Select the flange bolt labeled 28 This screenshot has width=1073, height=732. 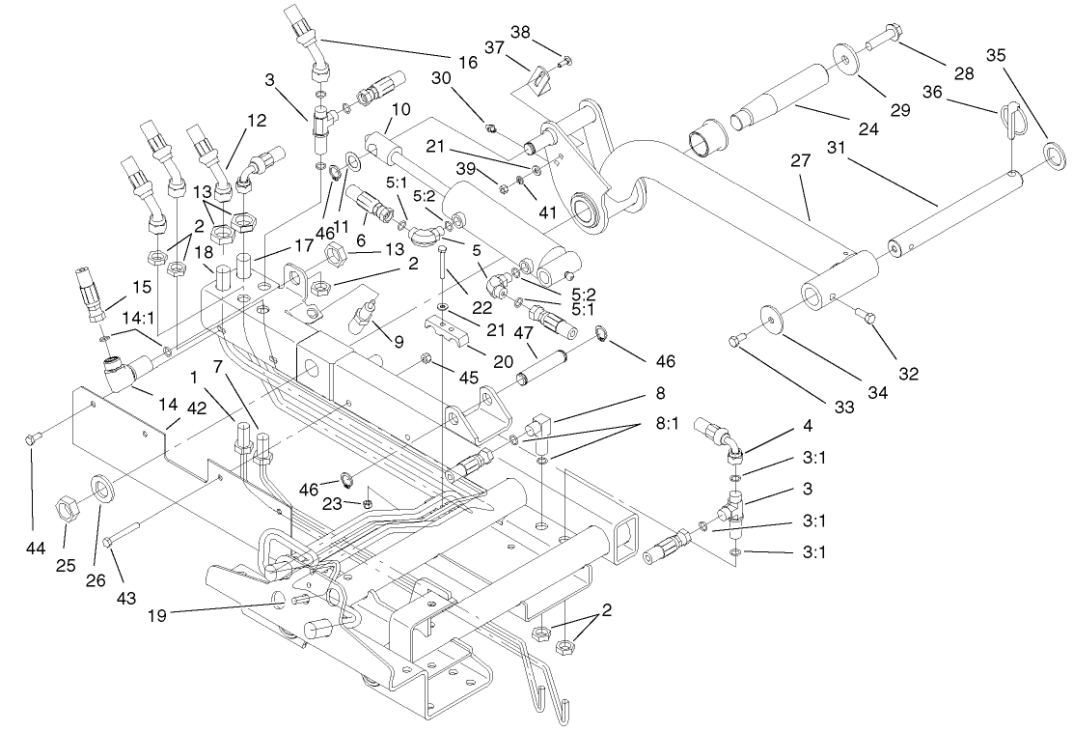click(x=885, y=42)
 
